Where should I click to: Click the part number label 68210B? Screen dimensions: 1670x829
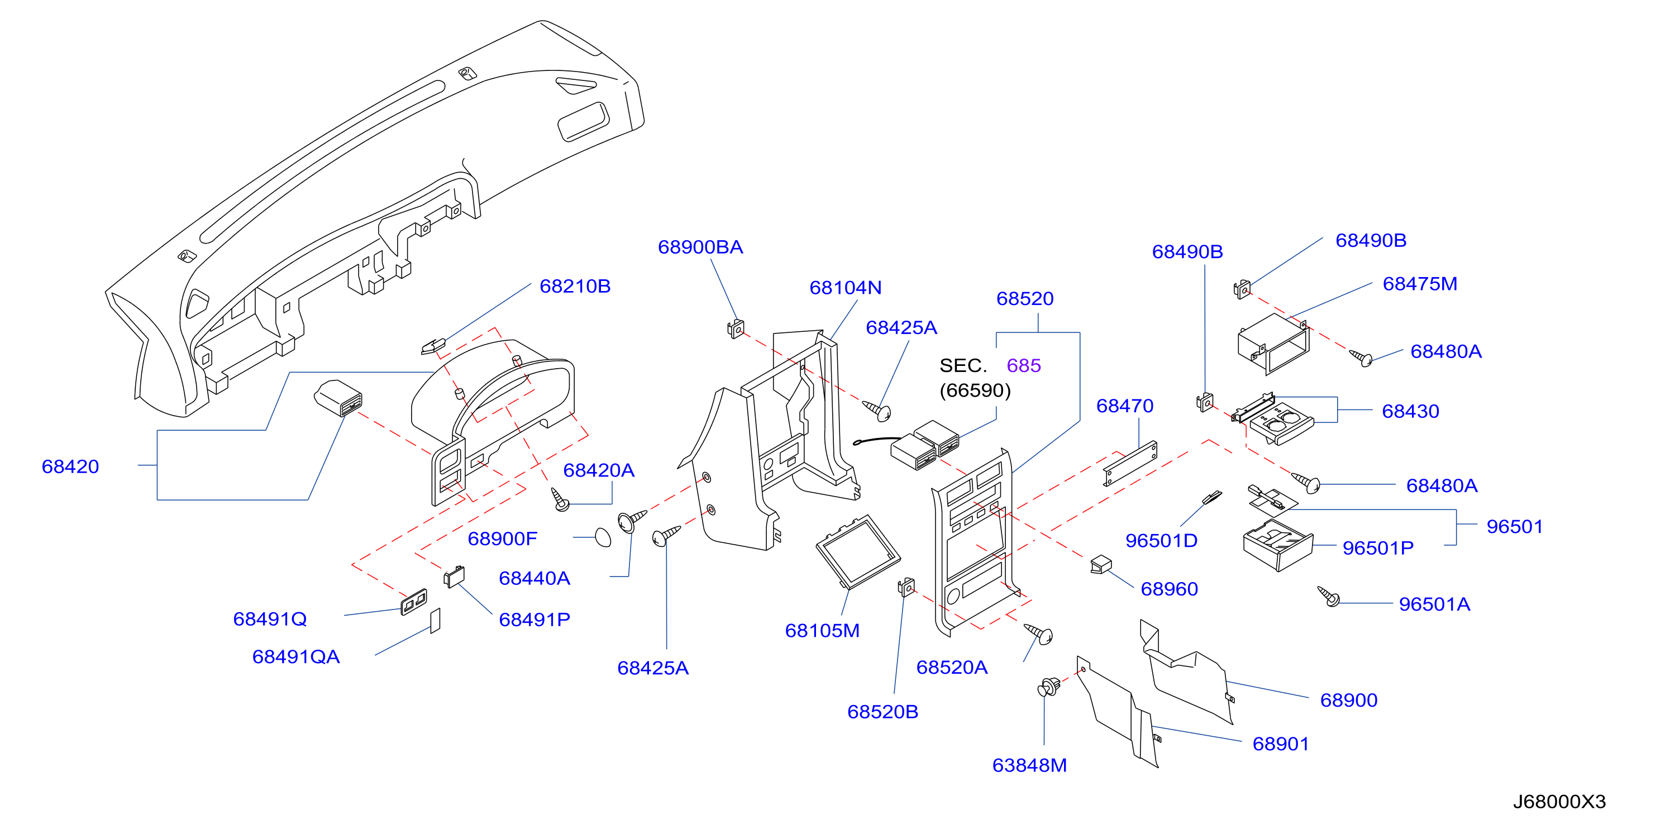pyautogui.click(x=575, y=286)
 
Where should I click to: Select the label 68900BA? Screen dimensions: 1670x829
pyautogui.click(x=700, y=247)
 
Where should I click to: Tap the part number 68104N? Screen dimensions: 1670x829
pyautogui.click(x=846, y=288)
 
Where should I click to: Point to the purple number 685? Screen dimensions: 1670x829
pyautogui.click(x=1024, y=365)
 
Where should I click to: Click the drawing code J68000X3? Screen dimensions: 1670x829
pyautogui.click(x=1559, y=802)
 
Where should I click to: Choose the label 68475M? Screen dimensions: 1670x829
pyautogui.click(x=1420, y=284)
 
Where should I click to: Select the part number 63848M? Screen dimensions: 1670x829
pyautogui.click(x=1029, y=765)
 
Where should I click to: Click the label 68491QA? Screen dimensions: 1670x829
pyautogui.click(x=295, y=656)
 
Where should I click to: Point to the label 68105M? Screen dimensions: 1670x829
pyautogui.click(x=822, y=631)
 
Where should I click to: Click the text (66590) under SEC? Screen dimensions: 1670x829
pyautogui.click(x=975, y=390)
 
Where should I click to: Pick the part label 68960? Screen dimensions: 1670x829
pyautogui.click(x=1169, y=589)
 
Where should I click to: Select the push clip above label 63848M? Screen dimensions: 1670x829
pyautogui.click(x=1049, y=687)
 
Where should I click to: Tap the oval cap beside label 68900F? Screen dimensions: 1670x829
pyautogui.click(x=603, y=538)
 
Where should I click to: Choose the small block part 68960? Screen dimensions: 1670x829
pyautogui.click(x=1101, y=565)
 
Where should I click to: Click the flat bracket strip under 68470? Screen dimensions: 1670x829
pyautogui.click(x=1130, y=464)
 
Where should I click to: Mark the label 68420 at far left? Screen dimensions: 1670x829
pyautogui.click(x=70, y=466)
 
